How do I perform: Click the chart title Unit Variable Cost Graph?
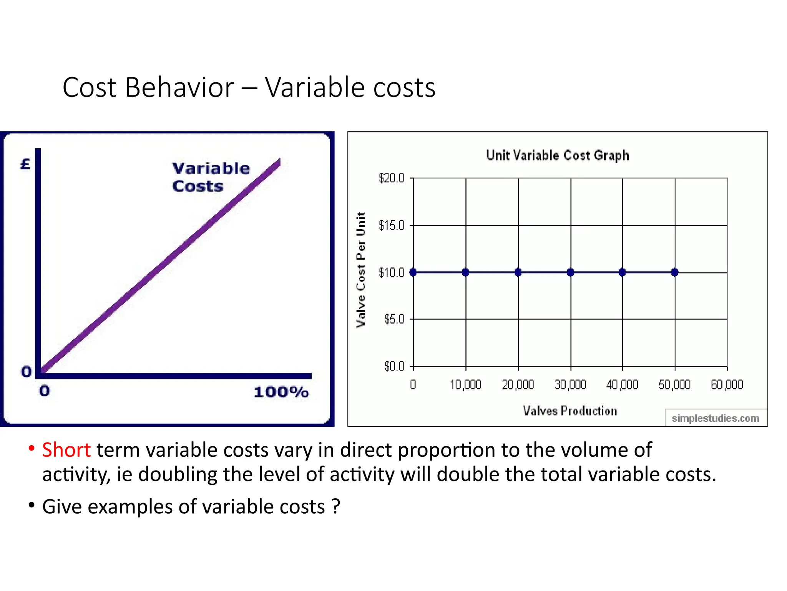coord(557,155)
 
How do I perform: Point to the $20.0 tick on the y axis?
coord(392,178)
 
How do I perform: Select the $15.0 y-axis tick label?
coord(392,225)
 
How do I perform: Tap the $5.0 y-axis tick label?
coord(394,319)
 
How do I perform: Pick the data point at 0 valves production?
coord(413,272)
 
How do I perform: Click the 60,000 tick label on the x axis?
coord(727,384)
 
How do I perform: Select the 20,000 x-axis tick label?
coord(518,384)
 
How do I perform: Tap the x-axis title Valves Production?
coord(569,411)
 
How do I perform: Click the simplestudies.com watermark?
coord(715,418)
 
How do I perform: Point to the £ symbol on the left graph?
coord(25,164)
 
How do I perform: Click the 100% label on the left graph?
coord(281,392)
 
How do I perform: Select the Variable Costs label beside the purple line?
coord(211,177)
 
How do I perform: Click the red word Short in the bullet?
coord(66,450)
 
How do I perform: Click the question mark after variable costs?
coord(336,506)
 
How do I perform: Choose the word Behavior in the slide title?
coord(179,87)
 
